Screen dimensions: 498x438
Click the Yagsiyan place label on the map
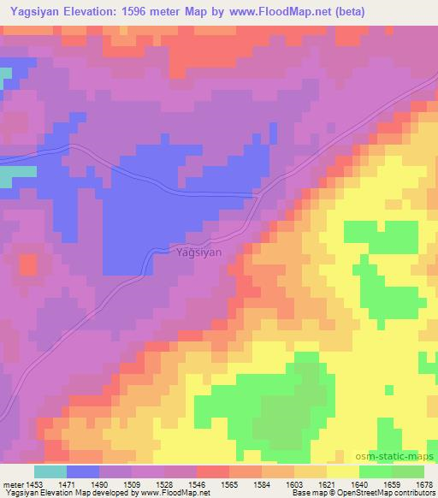tap(198, 252)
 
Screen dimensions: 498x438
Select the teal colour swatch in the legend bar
tap(50, 471)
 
